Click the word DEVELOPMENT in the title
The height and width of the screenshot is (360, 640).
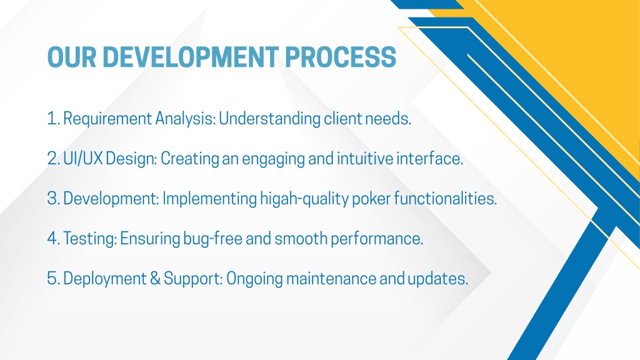pos(191,57)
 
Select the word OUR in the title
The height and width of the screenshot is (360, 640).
pos(72,57)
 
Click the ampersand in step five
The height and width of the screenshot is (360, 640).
pos(156,279)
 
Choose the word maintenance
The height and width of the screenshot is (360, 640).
pos(331,279)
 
